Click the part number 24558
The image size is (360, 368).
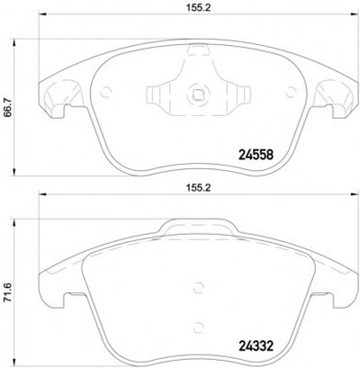[256, 155]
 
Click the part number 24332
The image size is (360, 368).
[256, 346]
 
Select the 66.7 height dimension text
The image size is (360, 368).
[8, 108]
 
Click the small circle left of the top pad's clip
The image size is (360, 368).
[105, 92]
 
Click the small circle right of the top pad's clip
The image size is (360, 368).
[291, 92]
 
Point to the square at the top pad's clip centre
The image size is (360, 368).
[198, 94]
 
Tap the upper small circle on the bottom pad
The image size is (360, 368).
[198, 287]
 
